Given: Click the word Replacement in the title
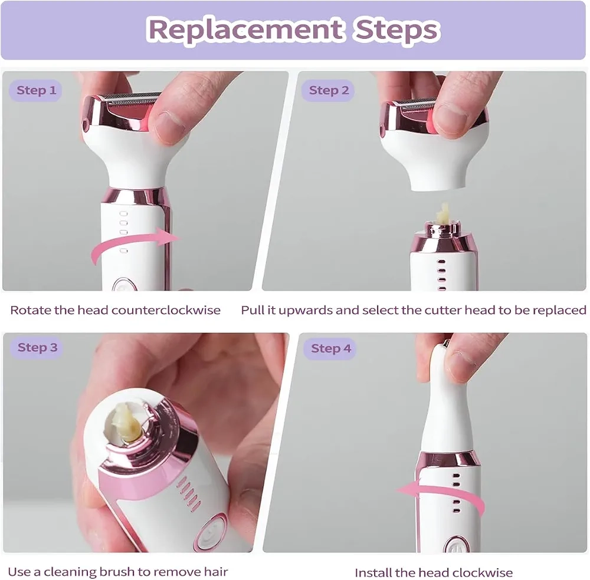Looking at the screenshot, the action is pos(245,29).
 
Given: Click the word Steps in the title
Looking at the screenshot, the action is pos(396,29).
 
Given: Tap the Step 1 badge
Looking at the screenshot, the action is pos(36,90).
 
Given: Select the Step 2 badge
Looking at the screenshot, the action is pos(329,90).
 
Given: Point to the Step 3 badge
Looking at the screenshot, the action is pos(37,347).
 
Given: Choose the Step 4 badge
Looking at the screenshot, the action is pos(330,348).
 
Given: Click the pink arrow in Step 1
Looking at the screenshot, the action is pos(132,242).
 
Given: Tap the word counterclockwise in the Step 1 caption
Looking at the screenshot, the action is pos(166,310).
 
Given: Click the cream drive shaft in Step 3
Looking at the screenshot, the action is pos(128,422).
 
